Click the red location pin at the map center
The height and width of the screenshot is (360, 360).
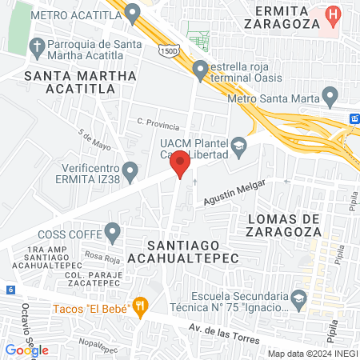click(180, 163)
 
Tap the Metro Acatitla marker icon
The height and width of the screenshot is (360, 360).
click(133, 11)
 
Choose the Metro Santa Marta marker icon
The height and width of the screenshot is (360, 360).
click(329, 98)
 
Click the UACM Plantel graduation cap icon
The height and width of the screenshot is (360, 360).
click(238, 145)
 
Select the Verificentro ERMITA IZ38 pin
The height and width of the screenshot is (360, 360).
click(130, 170)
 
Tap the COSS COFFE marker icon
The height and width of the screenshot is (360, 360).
click(113, 233)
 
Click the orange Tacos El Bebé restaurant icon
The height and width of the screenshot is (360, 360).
click(142, 305)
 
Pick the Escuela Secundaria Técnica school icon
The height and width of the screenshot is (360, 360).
click(298, 298)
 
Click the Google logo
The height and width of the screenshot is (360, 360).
click(26, 350)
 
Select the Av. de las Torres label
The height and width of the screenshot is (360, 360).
click(222, 332)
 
